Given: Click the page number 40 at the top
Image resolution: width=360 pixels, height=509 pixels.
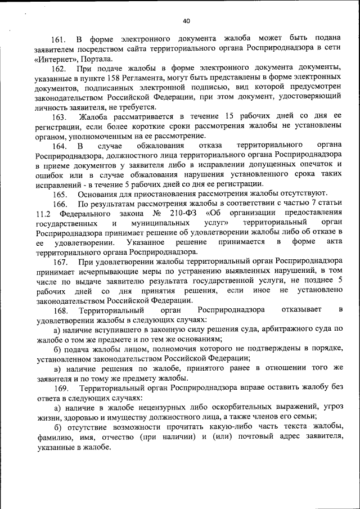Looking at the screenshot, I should click(x=186, y=21).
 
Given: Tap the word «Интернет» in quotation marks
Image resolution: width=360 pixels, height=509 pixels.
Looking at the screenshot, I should click(x=53, y=58).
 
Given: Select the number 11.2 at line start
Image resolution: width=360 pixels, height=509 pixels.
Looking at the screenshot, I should click(x=43, y=213).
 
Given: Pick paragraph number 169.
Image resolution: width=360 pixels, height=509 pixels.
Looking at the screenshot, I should click(x=60, y=388).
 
